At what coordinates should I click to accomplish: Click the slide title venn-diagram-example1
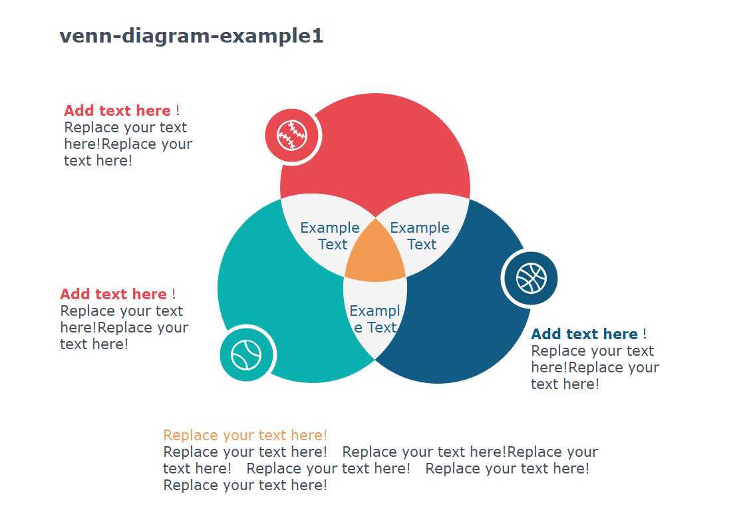tap(192, 36)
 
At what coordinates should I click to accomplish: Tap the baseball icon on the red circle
tap(292, 136)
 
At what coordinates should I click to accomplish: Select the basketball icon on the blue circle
tap(531, 279)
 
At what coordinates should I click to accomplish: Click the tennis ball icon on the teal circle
tap(246, 354)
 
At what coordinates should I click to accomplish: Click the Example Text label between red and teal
tap(330, 235)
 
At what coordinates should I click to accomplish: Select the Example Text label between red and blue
tap(420, 235)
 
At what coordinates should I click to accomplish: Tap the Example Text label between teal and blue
tap(375, 319)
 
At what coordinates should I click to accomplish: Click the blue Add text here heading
tap(585, 334)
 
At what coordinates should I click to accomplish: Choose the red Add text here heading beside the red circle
tap(117, 110)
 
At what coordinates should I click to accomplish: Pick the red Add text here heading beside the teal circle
tap(113, 294)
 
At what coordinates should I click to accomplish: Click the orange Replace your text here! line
tap(245, 435)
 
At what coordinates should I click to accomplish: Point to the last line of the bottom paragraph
tap(245, 485)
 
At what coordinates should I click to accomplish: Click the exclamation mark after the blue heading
tap(645, 334)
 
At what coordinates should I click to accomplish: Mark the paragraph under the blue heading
tap(595, 368)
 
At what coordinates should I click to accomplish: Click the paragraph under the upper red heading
tap(128, 144)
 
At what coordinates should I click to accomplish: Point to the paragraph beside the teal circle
tap(124, 328)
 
